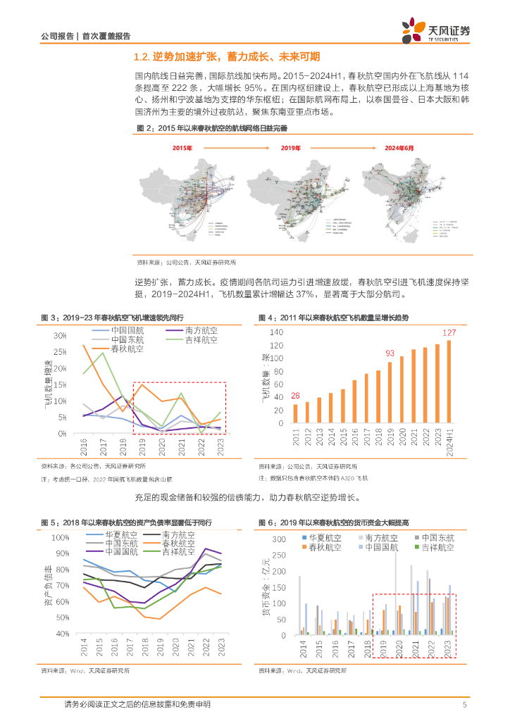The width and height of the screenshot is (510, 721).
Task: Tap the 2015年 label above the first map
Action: pos(182,149)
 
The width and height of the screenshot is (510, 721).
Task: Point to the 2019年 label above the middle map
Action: pos(290,149)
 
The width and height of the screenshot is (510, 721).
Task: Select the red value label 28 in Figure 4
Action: pos(295,396)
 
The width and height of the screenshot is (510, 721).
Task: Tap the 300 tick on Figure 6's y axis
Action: pos(278,539)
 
